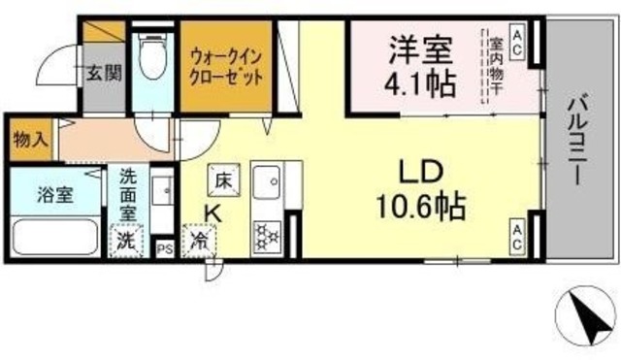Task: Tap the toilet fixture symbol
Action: (x=152, y=55)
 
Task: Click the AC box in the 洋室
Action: (x=517, y=42)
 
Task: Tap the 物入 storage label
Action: (x=29, y=139)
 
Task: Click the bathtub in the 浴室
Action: (x=54, y=235)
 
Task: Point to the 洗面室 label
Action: (x=128, y=194)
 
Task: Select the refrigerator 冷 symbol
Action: (x=200, y=240)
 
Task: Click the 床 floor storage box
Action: (x=222, y=180)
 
